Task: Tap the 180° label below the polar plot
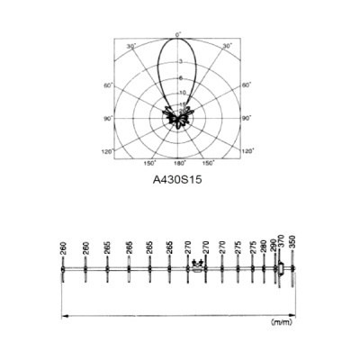(x=178, y=163)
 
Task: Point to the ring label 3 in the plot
(x=181, y=61)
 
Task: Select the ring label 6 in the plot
(x=181, y=78)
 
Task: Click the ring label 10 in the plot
(x=181, y=93)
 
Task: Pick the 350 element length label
(x=292, y=243)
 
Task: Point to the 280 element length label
(x=264, y=247)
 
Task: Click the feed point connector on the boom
(x=198, y=267)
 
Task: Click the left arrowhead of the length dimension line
(x=64, y=314)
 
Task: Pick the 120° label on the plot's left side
(x=108, y=152)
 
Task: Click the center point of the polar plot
(x=178, y=117)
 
